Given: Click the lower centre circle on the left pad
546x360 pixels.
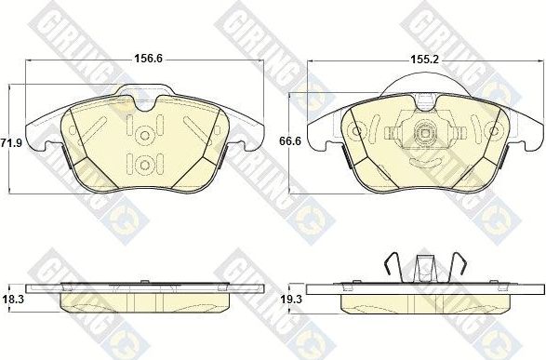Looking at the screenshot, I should coord(144,166).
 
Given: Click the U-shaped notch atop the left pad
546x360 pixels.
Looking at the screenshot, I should coord(144,104).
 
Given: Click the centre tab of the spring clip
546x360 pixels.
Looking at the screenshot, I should coord(426,267).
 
